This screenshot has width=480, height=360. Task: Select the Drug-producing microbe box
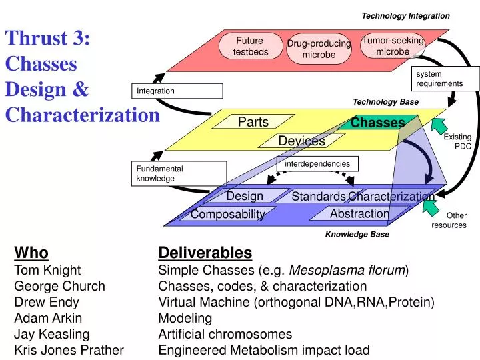click(319, 49)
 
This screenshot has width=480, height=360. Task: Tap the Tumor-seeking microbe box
click(393, 45)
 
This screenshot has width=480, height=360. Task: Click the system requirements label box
click(439, 78)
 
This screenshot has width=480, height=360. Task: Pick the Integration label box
click(177, 91)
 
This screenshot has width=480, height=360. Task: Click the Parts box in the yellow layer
click(253, 121)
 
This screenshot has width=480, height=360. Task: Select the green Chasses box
click(378, 123)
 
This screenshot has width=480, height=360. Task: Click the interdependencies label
click(317, 163)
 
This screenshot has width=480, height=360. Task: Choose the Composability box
click(228, 214)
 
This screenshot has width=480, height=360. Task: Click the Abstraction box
click(359, 213)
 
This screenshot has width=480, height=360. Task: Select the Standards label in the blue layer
click(318, 196)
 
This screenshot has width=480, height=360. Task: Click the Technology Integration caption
click(405, 15)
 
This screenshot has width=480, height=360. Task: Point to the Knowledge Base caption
click(357, 235)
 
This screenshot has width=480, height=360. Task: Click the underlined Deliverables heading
click(205, 253)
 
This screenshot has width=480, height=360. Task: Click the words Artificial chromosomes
click(225, 334)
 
